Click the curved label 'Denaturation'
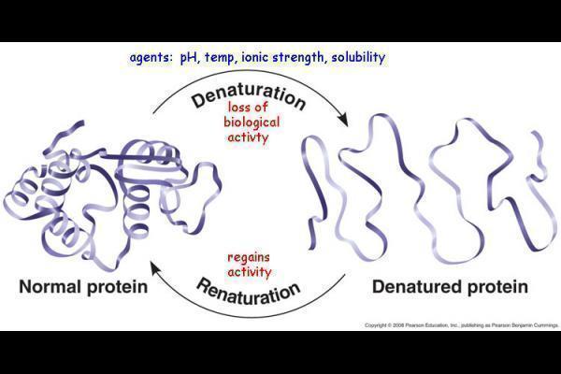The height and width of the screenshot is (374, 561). click(249, 95)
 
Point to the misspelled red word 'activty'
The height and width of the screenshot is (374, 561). click(249, 137)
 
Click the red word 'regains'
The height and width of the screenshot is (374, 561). click(249, 257)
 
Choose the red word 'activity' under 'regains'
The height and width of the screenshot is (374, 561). click(249, 272)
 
